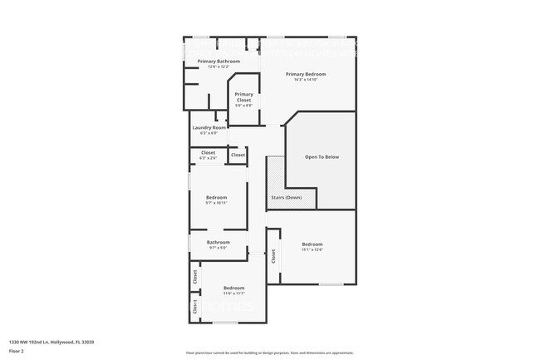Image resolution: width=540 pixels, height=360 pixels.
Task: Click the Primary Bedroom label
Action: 306,74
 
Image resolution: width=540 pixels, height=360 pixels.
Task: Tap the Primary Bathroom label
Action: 218,62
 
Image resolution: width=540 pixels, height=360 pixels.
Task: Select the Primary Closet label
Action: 243,95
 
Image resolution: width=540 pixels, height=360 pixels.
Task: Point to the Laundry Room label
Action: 204,127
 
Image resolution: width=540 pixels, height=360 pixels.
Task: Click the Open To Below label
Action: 322,157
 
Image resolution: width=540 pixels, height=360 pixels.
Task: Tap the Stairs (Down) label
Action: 287,197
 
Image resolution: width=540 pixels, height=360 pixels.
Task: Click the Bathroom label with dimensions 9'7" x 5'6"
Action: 218,242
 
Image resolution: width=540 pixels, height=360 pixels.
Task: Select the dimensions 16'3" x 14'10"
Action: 306,80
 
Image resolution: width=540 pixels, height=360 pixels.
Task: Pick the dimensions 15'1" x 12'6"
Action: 312,249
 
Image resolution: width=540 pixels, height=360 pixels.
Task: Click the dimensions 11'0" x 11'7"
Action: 233,293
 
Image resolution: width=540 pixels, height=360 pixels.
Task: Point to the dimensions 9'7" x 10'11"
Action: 216,203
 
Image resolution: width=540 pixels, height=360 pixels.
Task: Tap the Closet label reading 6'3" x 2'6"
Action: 208,158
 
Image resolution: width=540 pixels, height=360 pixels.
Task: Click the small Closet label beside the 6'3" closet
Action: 238,155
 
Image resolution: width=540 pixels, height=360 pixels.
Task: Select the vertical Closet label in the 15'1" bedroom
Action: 272,257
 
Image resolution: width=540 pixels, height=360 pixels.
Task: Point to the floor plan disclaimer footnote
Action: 270,353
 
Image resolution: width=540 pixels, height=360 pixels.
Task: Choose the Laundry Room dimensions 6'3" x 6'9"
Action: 204,133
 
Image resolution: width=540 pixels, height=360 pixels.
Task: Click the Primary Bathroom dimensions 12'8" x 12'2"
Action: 218,67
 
